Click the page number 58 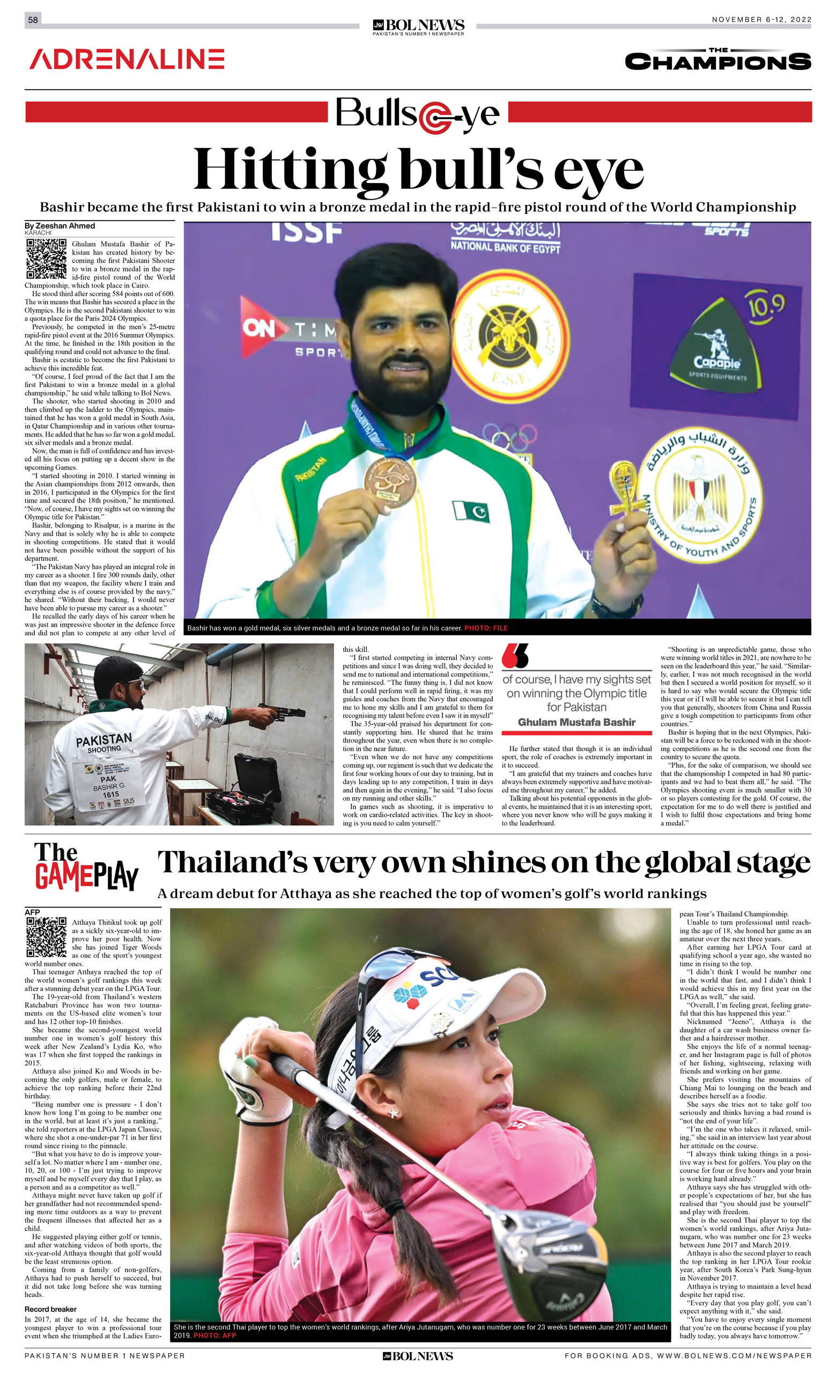[x=33, y=20]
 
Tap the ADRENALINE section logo [x=127, y=59]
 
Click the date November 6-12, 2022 [x=761, y=19]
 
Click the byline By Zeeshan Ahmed [x=60, y=226]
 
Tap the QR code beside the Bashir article [x=46, y=259]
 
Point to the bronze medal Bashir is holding [x=390, y=481]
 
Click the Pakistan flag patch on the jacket [x=471, y=511]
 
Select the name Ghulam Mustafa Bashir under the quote [x=576, y=722]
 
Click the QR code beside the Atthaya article [x=46, y=937]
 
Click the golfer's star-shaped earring [x=394, y=1113]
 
